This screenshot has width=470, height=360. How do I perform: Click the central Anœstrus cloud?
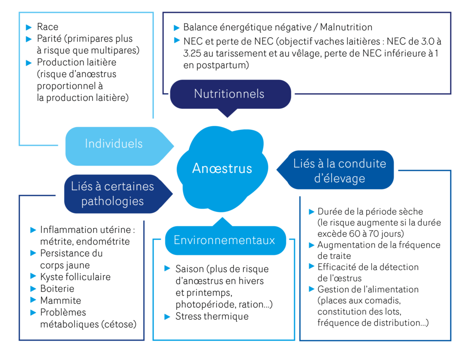[x=222, y=168]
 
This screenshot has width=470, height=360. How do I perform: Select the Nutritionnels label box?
[x=229, y=94]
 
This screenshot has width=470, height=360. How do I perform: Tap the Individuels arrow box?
[x=114, y=144]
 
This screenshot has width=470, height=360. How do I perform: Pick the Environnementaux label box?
[x=224, y=240]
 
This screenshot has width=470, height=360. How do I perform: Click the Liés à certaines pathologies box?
[x=112, y=194]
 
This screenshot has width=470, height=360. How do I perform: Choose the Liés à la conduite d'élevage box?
[x=339, y=171]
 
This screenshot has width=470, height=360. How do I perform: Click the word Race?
[x=48, y=27]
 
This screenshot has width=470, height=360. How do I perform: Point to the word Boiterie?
[x=57, y=288]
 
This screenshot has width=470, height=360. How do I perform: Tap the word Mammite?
[x=60, y=300]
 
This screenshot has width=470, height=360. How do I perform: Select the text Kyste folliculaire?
[x=75, y=277]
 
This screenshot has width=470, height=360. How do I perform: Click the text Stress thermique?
[x=212, y=316]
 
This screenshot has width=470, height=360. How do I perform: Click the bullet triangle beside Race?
[x=29, y=27]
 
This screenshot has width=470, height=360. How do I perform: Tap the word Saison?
[x=190, y=269]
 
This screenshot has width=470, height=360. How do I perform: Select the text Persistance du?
[x=71, y=253]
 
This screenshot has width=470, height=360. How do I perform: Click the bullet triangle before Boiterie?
[x=33, y=288]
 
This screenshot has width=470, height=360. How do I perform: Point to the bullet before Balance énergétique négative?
[x=176, y=27]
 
